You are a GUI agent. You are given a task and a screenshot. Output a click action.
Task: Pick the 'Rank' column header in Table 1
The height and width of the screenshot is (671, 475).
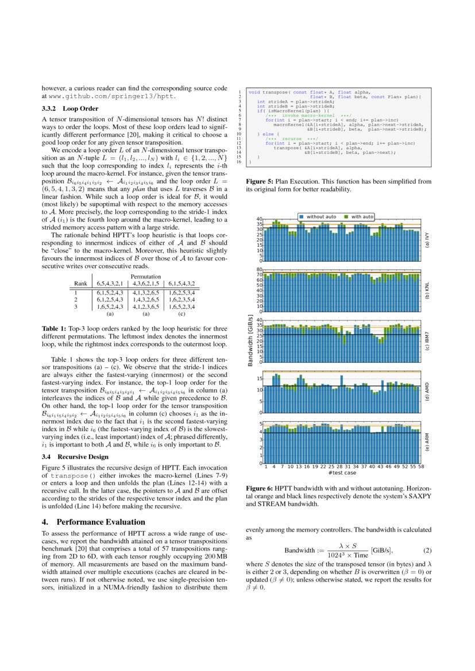click(80, 284)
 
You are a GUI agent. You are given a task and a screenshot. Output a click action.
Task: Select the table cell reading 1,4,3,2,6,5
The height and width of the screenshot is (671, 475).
click(145, 300)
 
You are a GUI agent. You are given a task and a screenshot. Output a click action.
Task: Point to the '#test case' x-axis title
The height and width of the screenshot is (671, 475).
click(342, 472)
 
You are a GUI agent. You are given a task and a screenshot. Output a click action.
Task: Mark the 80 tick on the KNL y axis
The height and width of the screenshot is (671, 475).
click(259, 269)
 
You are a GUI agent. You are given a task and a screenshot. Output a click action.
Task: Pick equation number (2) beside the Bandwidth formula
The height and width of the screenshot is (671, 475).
click(427, 550)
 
